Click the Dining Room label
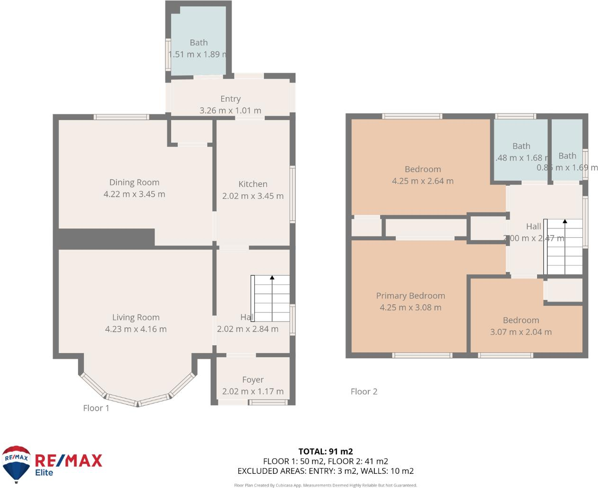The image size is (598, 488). (x=134, y=183)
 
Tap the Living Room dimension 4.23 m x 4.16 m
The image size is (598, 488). (x=136, y=329)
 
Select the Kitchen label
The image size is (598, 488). (x=253, y=184)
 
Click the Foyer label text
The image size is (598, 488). (x=253, y=380)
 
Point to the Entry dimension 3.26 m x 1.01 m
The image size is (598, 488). (x=230, y=111)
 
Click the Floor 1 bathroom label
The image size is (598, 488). (x=199, y=43)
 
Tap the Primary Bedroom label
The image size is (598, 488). (x=410, y=296)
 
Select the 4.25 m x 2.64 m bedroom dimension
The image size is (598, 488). (x=423, y=181)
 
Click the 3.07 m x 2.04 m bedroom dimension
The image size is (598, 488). (x=520, y=332)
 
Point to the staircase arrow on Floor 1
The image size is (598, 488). (x=272, y=278)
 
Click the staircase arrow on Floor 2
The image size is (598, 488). (x=564, y=221)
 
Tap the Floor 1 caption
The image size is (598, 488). (x=96, y=408)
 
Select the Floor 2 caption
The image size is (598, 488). (x=364, y=392)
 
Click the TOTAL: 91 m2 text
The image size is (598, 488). (x=325, y=452)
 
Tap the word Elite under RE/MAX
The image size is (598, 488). (x=44, y=472)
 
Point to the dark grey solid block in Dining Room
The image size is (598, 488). (x=106, y=238)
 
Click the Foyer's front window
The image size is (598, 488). (x=268, y=402)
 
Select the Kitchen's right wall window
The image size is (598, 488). (x=293, y=194)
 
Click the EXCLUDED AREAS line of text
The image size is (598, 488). (x=325, y=471)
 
